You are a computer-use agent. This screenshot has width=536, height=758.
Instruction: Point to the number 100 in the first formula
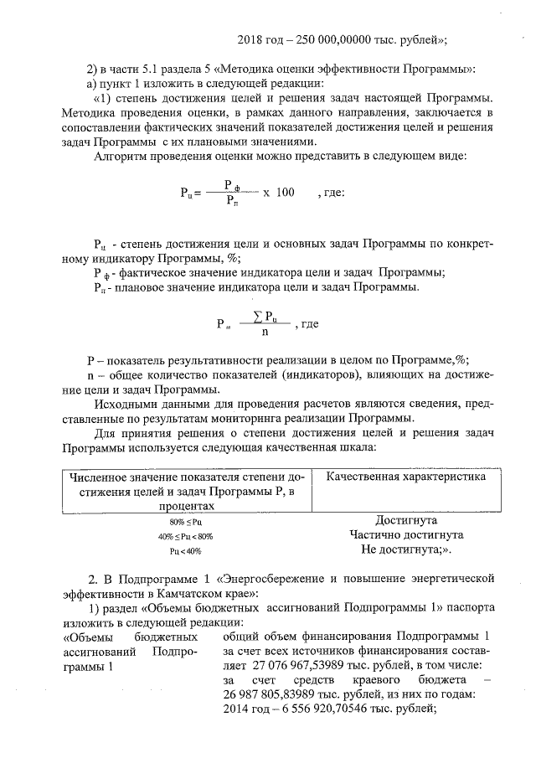[x=285, y=193]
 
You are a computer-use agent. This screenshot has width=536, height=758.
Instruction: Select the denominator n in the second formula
[x=265, y=331]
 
